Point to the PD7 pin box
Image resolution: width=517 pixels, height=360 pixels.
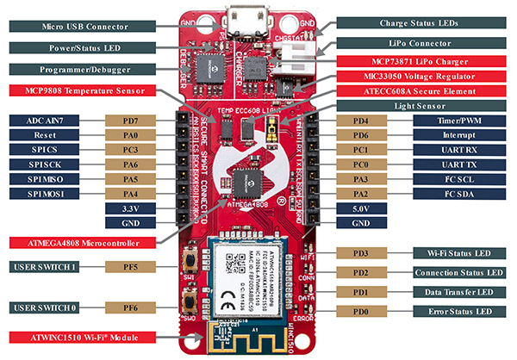127,122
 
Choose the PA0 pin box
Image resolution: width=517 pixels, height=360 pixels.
127,137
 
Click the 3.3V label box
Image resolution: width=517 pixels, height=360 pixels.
126,208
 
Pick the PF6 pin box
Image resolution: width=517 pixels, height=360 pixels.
127,307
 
